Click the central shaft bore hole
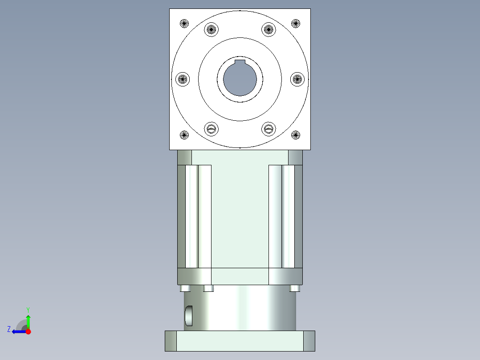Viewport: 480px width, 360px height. pos(240,81)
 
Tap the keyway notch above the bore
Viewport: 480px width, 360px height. pos(240,61)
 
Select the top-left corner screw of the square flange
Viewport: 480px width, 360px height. pos(184,23)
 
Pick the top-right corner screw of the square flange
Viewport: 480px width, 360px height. pos(296,23)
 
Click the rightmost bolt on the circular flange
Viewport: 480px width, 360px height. pos(297,79)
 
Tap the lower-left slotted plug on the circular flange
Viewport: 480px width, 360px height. pos(212,129)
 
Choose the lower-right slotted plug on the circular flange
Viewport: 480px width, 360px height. pos(268,129)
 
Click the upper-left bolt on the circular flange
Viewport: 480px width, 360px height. pos(212,30)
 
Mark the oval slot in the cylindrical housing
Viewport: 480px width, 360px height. pos(189,315)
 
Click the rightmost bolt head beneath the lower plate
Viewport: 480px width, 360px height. pos(294,288)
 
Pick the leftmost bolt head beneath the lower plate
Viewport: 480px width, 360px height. pos(186,288)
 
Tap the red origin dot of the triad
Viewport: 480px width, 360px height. pos(28,331)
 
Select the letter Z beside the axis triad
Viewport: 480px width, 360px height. pos(9,329)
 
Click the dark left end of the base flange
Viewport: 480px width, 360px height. pos(171,341)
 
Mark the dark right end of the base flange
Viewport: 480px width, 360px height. pos(309,341)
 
